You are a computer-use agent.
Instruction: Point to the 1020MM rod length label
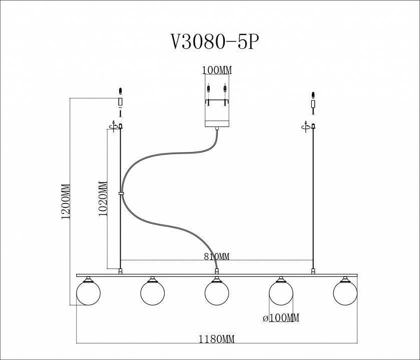(x=103, y=197)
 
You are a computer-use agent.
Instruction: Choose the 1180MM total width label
(x=216, y=339)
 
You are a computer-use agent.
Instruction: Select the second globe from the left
(x=153, y=292)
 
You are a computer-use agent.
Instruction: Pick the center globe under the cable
(x=217, y=292)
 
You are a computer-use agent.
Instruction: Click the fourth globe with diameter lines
(x=281, y=292)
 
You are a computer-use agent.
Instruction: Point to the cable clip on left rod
(x=121, y=192)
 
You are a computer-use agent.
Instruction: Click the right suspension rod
(x=313, y=200)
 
